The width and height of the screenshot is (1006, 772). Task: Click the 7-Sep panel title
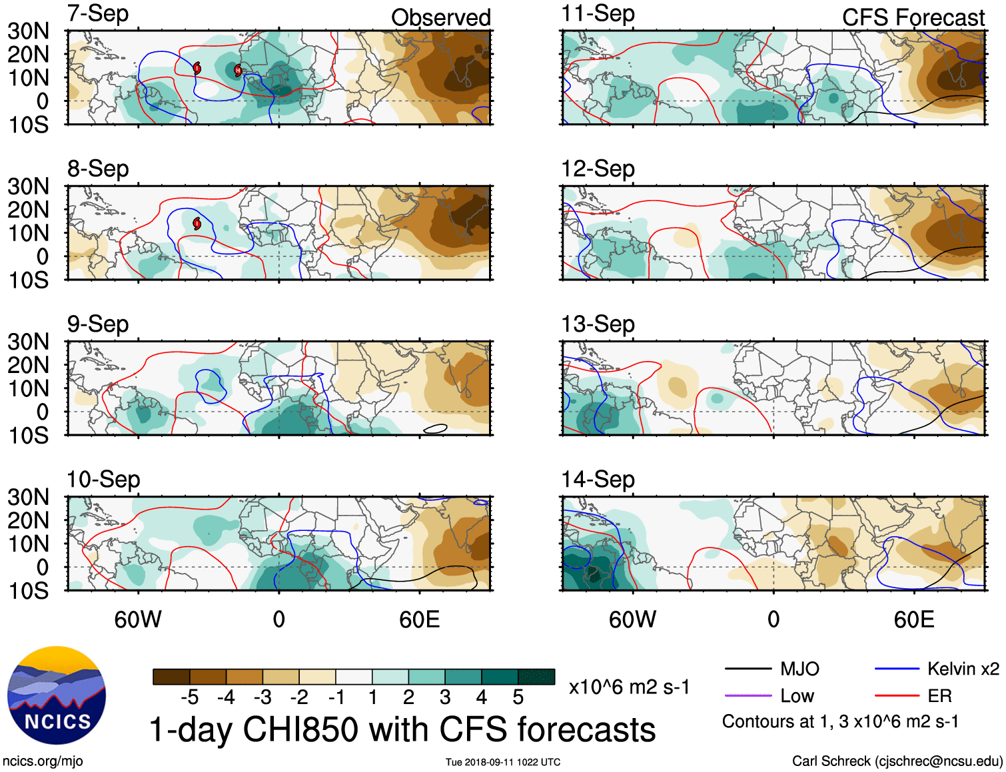pos(98,13)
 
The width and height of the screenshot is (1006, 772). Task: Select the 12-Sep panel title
pos(598,169)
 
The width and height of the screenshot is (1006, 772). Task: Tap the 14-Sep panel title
pos(598,479)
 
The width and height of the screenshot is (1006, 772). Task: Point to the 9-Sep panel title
pos(98,324)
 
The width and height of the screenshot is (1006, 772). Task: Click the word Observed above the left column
pos(440,17)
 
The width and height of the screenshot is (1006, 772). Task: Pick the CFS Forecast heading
pos(913,17)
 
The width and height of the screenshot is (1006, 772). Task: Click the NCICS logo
pos(57,695)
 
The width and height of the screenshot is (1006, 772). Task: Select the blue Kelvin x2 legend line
pos(897,669)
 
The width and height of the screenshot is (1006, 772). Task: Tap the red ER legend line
pos(897,696)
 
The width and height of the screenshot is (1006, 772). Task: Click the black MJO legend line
pos(748,669)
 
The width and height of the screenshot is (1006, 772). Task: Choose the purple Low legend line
pos(748,696)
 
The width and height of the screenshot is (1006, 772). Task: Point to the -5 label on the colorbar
pos(189,697)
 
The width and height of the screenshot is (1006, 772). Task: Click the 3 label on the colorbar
pos(445,697)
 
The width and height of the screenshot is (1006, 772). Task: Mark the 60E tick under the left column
pos(419,619)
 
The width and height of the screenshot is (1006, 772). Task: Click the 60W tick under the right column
pos(632,619)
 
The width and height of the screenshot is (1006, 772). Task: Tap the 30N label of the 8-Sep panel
pos(29,187)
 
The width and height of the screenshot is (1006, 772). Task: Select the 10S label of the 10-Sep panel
pos(29,591)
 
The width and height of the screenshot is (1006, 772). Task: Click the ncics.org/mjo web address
pos(43,761)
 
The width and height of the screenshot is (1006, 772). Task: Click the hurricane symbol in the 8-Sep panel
pos(197,223)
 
